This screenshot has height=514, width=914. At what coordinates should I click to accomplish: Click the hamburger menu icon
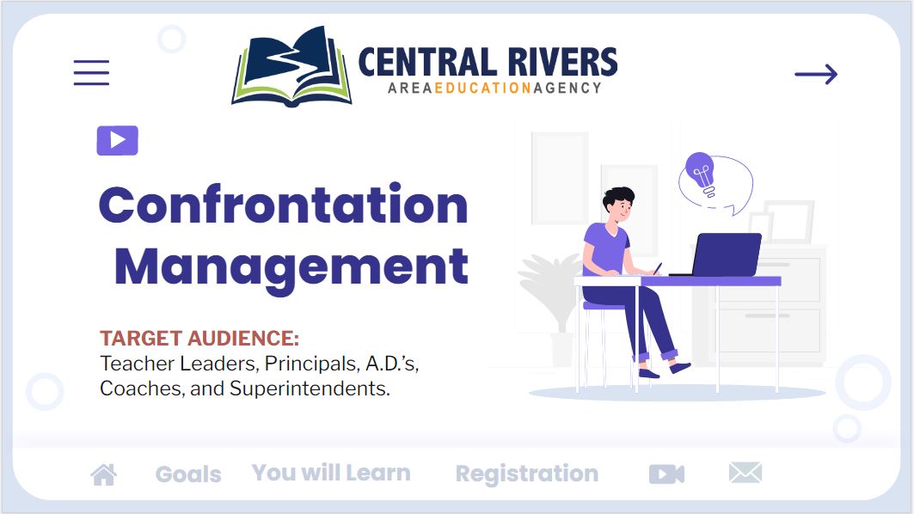pyautogui.click(x=91, y=73)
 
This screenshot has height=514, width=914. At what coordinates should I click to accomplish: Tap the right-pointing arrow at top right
pyautogui.click(x=816, y=74)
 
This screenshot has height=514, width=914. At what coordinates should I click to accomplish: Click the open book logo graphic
pyautogui.click(x=292, y=66)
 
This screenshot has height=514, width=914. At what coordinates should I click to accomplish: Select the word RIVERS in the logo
pyautogui.click(x=562, y=63)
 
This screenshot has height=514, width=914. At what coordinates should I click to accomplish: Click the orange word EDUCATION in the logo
pyautogui.click(x=483, y=88)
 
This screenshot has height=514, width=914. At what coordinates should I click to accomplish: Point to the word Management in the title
pyautogui.click(x=291, y=267)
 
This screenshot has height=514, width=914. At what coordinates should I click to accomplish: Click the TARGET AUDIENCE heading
pyautogui.click(x=199, y=338)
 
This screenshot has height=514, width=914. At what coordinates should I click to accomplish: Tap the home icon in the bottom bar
pyautogui.click(x=104, y=474)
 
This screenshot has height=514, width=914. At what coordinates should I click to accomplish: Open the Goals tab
pyautogui.click(x=188, y=474)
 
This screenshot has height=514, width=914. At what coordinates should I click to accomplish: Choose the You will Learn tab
pyautogui.click(x=331, y=473)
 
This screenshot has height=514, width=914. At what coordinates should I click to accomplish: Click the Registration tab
pyautogui.click(x=527, y=474)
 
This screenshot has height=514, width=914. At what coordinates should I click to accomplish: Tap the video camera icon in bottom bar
pyautogui.click(x=667, y=474)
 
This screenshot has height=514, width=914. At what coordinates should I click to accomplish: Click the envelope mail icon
pyautogui.click(x=745, y=473)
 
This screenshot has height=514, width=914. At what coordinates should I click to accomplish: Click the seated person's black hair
pyautogui.click(x=617, y=197)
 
